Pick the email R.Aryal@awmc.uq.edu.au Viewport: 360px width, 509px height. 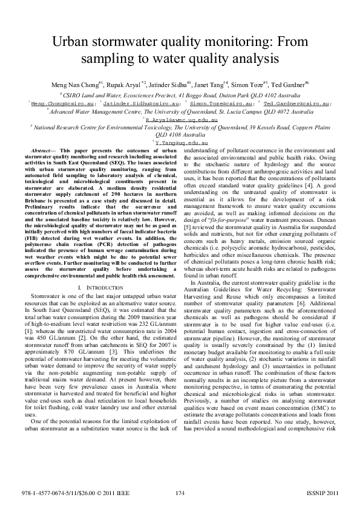(180, 120)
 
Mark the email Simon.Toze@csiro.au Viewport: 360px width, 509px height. (227, 103)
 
